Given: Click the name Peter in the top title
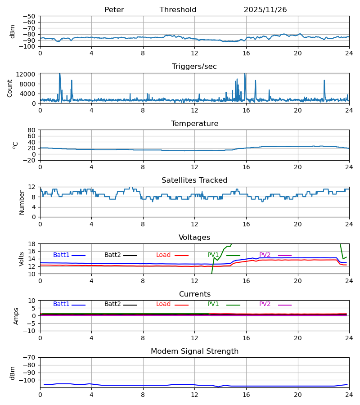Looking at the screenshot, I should click(x=114, y=10).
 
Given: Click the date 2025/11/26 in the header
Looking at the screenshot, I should click(x=265, y=10).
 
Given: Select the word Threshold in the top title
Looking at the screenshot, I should click(x=178, y=10).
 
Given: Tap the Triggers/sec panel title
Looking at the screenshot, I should click(x=194, y=67).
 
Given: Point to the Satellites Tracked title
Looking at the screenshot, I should click(x=194, y=180).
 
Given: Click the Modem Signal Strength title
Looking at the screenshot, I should click(x=194, y=351).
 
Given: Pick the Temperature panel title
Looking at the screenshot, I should click(x=194, y=124).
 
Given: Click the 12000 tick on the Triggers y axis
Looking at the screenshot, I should click(x=27, y=75).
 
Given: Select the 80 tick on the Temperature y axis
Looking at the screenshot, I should click(x=32, y=130).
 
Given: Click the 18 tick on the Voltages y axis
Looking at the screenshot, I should click(x=32, y=244).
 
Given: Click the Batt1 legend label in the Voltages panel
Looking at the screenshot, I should click(x=61, y=255).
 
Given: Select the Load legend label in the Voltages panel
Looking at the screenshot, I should click(x=164, y=255).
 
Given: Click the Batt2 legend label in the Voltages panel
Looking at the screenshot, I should click(x=112, y=255).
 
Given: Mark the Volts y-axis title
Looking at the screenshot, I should click(x=21, y=259).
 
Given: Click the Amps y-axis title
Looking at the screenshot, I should click(x=17, y=316).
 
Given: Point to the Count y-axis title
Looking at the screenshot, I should click(x=10, y=88).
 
